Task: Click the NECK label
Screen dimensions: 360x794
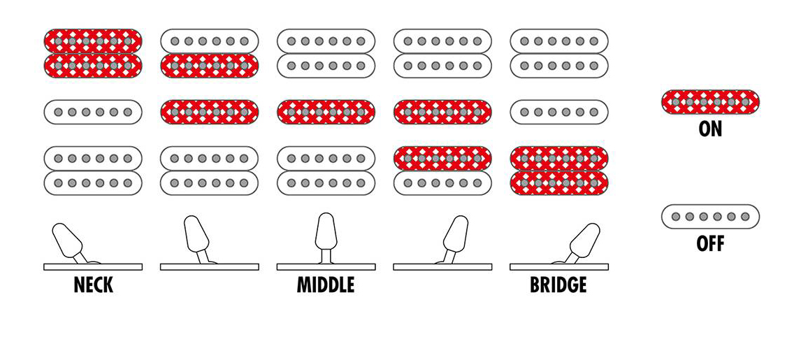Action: coord(93,285)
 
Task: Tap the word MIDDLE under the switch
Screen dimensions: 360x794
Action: coord(326,285)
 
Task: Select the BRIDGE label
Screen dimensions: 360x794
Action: coord(558,285)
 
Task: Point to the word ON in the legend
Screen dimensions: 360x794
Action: coord(710,129)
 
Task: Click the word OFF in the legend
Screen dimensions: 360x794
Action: coord(710,244)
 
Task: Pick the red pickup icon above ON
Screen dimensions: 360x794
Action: coord(710,102)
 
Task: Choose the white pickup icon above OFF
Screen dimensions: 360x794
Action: coord(710,217)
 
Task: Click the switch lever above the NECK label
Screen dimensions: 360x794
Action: coord(68,241)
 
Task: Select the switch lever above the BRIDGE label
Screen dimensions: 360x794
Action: coord(584,241)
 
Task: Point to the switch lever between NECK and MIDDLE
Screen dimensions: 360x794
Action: coord(196,235)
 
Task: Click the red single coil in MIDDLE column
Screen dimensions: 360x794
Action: coord(326,112)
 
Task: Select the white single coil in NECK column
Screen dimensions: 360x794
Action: coord(93,112)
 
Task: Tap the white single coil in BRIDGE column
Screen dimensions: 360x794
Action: coord(559,112)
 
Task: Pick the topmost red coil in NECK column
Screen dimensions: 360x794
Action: coord(93,41)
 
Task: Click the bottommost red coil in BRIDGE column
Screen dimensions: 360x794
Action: coord(559,183)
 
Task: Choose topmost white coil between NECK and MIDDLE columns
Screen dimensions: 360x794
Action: coord(210,41)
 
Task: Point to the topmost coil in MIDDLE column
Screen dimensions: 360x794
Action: coord(326,41)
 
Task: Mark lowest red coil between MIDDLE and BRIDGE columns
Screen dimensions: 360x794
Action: coord(442,158)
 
